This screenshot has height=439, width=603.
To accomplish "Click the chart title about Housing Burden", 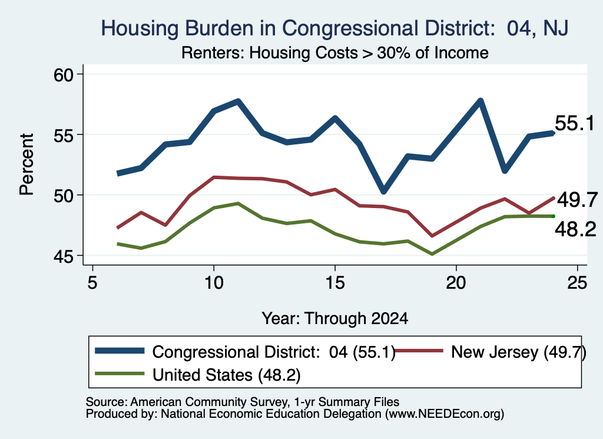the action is click(x=334, y=28).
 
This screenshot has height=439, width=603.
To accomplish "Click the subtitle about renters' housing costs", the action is click(x=335, y=52).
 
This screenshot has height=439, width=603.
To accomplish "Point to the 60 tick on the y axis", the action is click(x=63, y=75).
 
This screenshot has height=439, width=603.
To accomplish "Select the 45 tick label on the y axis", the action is click(x=63, y=256).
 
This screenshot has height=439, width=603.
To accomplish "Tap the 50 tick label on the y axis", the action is click(x=63, y=196).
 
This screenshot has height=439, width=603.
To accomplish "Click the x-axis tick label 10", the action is click(x=213, y=283).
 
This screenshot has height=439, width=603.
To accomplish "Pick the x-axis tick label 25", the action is click(x=577, y=283).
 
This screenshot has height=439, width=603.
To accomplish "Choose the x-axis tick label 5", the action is click(x=92, y=283).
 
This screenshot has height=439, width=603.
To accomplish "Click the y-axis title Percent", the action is click(x=26, y=164).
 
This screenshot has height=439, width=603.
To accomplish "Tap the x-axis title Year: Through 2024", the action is click(x=335, y=319).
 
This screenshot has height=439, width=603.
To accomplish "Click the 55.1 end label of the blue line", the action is click(x=575, y=124).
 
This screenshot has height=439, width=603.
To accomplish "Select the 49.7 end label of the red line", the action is click(x=577, y=200).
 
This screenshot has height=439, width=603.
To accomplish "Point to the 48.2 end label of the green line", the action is click(x=575, y=229).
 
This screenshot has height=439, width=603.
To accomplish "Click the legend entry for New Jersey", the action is click(x=491, y=352).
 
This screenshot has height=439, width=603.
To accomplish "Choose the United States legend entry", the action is click(x=198, y=375).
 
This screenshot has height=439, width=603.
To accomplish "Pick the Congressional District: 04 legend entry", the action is click(x=246, y=352).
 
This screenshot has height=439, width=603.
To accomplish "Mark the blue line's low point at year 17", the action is click(x=383, y=191).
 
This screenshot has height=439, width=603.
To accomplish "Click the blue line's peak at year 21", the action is click(x=481, y=101).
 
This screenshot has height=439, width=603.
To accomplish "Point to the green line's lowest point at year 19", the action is click(x=432, y=254).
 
